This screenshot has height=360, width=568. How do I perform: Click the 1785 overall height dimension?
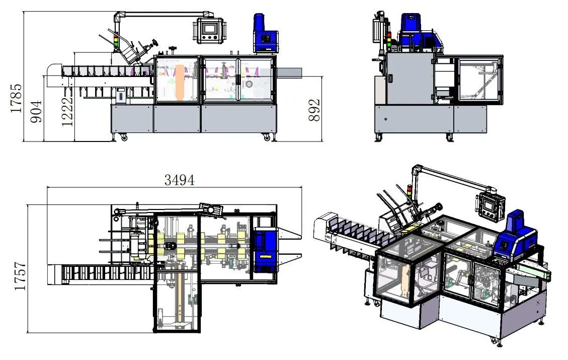point(16,98)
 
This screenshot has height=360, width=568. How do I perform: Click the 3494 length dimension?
point(179,180)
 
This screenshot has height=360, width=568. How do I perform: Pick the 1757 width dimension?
point(20,276)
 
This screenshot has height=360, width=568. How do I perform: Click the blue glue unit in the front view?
point(266,34)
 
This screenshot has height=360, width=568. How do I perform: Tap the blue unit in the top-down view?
point(265,247)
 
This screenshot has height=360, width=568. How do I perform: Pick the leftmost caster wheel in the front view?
point(123,137)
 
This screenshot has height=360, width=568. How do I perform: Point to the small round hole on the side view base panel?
point(385,120)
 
